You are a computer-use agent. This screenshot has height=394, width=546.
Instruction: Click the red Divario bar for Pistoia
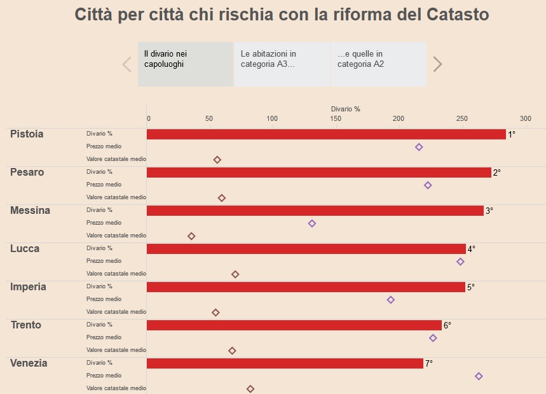[326, 134]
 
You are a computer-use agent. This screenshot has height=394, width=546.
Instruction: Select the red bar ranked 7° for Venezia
[285, 363]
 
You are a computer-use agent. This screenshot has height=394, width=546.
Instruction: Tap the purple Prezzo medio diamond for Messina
[311, 223]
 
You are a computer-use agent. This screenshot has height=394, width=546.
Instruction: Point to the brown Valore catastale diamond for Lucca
[235, 274]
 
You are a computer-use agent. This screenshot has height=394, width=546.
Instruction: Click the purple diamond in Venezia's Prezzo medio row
[479, 376]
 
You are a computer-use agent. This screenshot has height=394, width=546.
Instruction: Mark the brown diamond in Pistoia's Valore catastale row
[217, 160]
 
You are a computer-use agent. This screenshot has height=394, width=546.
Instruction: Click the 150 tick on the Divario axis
[336, 119]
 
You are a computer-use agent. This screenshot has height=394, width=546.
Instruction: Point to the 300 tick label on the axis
[525, 119]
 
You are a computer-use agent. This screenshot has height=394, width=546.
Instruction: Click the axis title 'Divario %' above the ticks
[345, 109]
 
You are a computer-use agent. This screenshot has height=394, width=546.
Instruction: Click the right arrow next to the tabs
[437, 64]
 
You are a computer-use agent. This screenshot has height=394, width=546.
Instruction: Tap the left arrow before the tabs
[126, 64]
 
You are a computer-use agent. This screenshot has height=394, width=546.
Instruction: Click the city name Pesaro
[27, 172]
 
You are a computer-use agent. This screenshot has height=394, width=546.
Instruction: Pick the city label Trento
[26, 325]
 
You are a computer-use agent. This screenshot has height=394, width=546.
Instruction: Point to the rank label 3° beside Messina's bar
[489, 211]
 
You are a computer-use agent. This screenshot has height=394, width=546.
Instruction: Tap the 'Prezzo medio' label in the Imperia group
[104, 299]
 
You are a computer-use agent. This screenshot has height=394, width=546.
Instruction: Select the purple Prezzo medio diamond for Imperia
[390, 300]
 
